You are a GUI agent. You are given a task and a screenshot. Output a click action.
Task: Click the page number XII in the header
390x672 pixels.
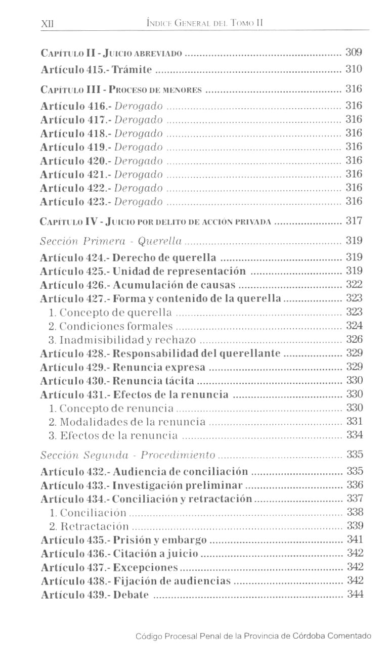tap(46, 24)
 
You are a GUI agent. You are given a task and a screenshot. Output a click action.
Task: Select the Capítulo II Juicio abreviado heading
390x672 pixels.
tap(111, 53)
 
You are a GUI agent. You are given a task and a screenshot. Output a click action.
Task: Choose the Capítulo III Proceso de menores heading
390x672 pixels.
tap(121, 90)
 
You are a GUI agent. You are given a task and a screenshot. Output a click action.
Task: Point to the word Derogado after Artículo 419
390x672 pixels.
tap(139, 147)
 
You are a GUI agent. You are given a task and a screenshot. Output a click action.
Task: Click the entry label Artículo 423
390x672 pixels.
tap(75, 202)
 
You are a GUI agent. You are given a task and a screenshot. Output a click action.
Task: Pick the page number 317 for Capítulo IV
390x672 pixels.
tap(354, 221)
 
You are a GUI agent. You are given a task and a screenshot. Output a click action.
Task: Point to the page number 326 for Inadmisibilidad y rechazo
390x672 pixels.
tap(354, 339)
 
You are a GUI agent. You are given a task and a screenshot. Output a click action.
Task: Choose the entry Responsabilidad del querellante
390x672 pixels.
tap(197, 353)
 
